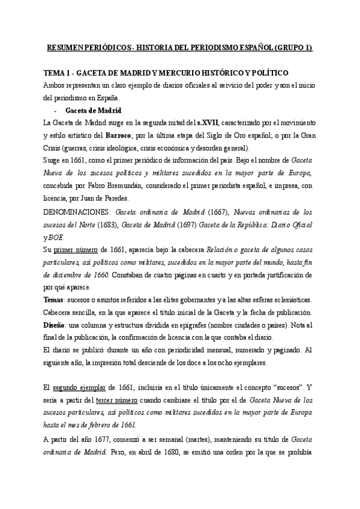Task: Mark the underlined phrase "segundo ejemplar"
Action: coord(83,387)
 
